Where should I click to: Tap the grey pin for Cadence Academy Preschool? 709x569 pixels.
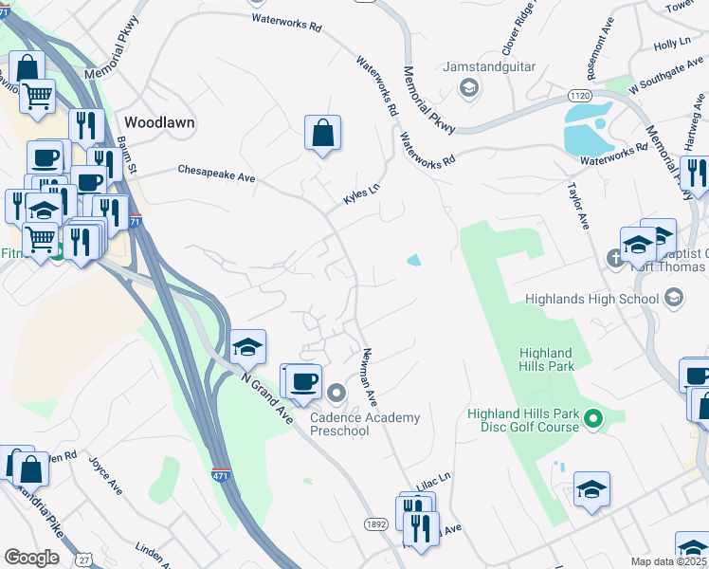click(337, 393)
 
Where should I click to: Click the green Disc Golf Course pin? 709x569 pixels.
click(594, 417)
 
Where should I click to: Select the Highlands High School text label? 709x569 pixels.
click(591, 300)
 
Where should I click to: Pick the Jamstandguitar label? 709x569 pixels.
click(489, 68)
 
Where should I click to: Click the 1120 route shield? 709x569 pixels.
click(580, 96)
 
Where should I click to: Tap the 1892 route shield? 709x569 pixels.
click(374, 523)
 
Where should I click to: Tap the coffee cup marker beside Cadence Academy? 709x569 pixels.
click(303, 381)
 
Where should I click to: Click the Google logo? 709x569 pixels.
click(31, 557)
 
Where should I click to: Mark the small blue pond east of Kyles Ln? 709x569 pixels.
click(413, 260)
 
